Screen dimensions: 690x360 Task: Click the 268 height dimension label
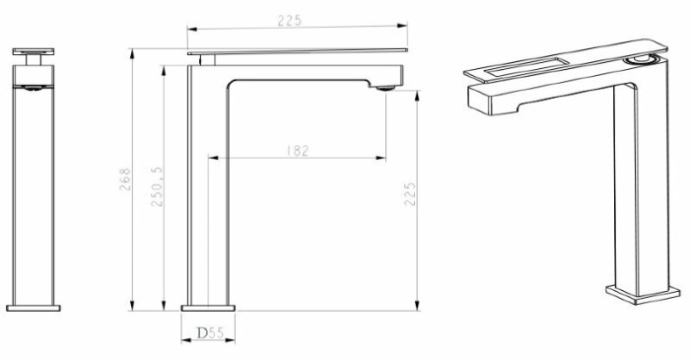125,179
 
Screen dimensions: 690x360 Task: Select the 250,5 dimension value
157,186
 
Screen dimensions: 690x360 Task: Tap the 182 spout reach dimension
298,151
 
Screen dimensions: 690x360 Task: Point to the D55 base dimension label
210,333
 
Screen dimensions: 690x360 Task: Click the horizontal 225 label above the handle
290,21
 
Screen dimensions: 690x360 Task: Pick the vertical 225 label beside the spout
410,193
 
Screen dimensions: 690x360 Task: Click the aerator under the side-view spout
385,89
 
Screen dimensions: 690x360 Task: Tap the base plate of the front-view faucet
34,308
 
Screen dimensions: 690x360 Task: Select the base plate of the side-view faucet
208,308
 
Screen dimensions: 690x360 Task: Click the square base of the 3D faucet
643,294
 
